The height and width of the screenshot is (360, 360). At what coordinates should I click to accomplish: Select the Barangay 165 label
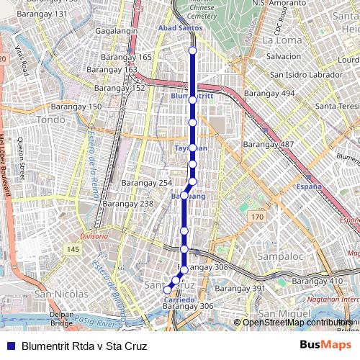[126, 57]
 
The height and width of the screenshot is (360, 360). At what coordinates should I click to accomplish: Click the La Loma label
[282, 40]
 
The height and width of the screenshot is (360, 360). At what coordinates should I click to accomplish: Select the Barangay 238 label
[127, 204]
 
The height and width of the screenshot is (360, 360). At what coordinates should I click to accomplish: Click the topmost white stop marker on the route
[192, 50]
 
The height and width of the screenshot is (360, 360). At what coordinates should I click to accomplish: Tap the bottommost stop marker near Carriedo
[168, 289]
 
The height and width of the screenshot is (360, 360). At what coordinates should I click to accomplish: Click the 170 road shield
[257, 216]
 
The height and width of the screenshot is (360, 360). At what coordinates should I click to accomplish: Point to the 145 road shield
[73, 249]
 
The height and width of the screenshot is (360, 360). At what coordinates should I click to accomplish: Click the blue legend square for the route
[10, 346]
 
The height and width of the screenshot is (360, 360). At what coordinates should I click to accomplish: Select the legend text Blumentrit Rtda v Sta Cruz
[84, 346]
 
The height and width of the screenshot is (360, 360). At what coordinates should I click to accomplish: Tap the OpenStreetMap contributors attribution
[297, 322]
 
